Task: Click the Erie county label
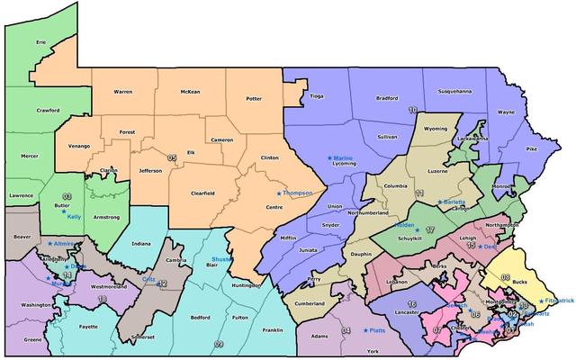tap(40, 41)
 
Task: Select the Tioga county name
tap(316, 95)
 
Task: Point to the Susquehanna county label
tap(453, 91)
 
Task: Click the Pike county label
tap(531, 147)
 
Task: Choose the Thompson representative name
tap(297, 193)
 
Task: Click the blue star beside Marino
tap(328, 157)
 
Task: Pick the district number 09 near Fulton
tap(219, 343)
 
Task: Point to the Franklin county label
tap(272, 329)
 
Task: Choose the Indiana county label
tap(140, 244)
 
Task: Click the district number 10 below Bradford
tap(412, 110)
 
